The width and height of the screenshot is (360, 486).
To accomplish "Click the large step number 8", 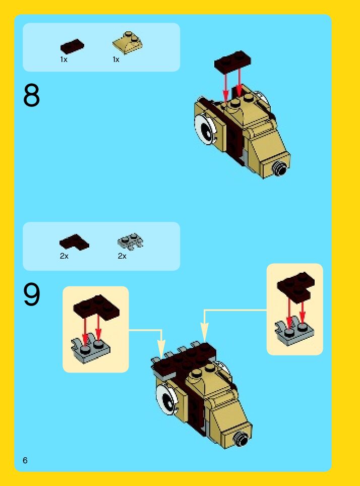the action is point(31,95).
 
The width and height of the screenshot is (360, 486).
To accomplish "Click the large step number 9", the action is point(32,294).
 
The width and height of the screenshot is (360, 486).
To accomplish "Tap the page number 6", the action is point(25,460).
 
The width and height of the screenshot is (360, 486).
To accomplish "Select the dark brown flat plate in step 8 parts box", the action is point(72,46).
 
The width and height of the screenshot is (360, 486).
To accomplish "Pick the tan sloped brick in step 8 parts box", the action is point(128,43).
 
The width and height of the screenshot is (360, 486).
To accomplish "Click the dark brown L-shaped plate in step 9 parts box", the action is point(74,242).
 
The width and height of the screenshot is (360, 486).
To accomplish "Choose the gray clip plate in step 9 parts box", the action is point(130,241).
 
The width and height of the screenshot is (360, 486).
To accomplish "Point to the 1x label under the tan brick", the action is point(116,59).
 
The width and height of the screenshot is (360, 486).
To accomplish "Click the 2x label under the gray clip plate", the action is point(122,256).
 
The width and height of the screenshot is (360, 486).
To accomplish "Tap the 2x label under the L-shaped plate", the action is point(64,256).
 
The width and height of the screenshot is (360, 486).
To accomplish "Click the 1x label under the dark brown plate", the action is point(64,59).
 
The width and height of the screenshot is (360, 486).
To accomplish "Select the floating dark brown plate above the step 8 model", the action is point(232,60).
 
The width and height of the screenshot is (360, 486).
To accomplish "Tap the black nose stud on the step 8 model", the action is point(280,169).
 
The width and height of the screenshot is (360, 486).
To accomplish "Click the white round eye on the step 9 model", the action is point(166,400).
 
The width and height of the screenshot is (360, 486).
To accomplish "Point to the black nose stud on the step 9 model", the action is point(241,439).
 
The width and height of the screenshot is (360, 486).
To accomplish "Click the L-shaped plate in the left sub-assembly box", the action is point(96,308).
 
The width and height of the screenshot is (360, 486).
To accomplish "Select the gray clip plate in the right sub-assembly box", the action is point(294,333).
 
